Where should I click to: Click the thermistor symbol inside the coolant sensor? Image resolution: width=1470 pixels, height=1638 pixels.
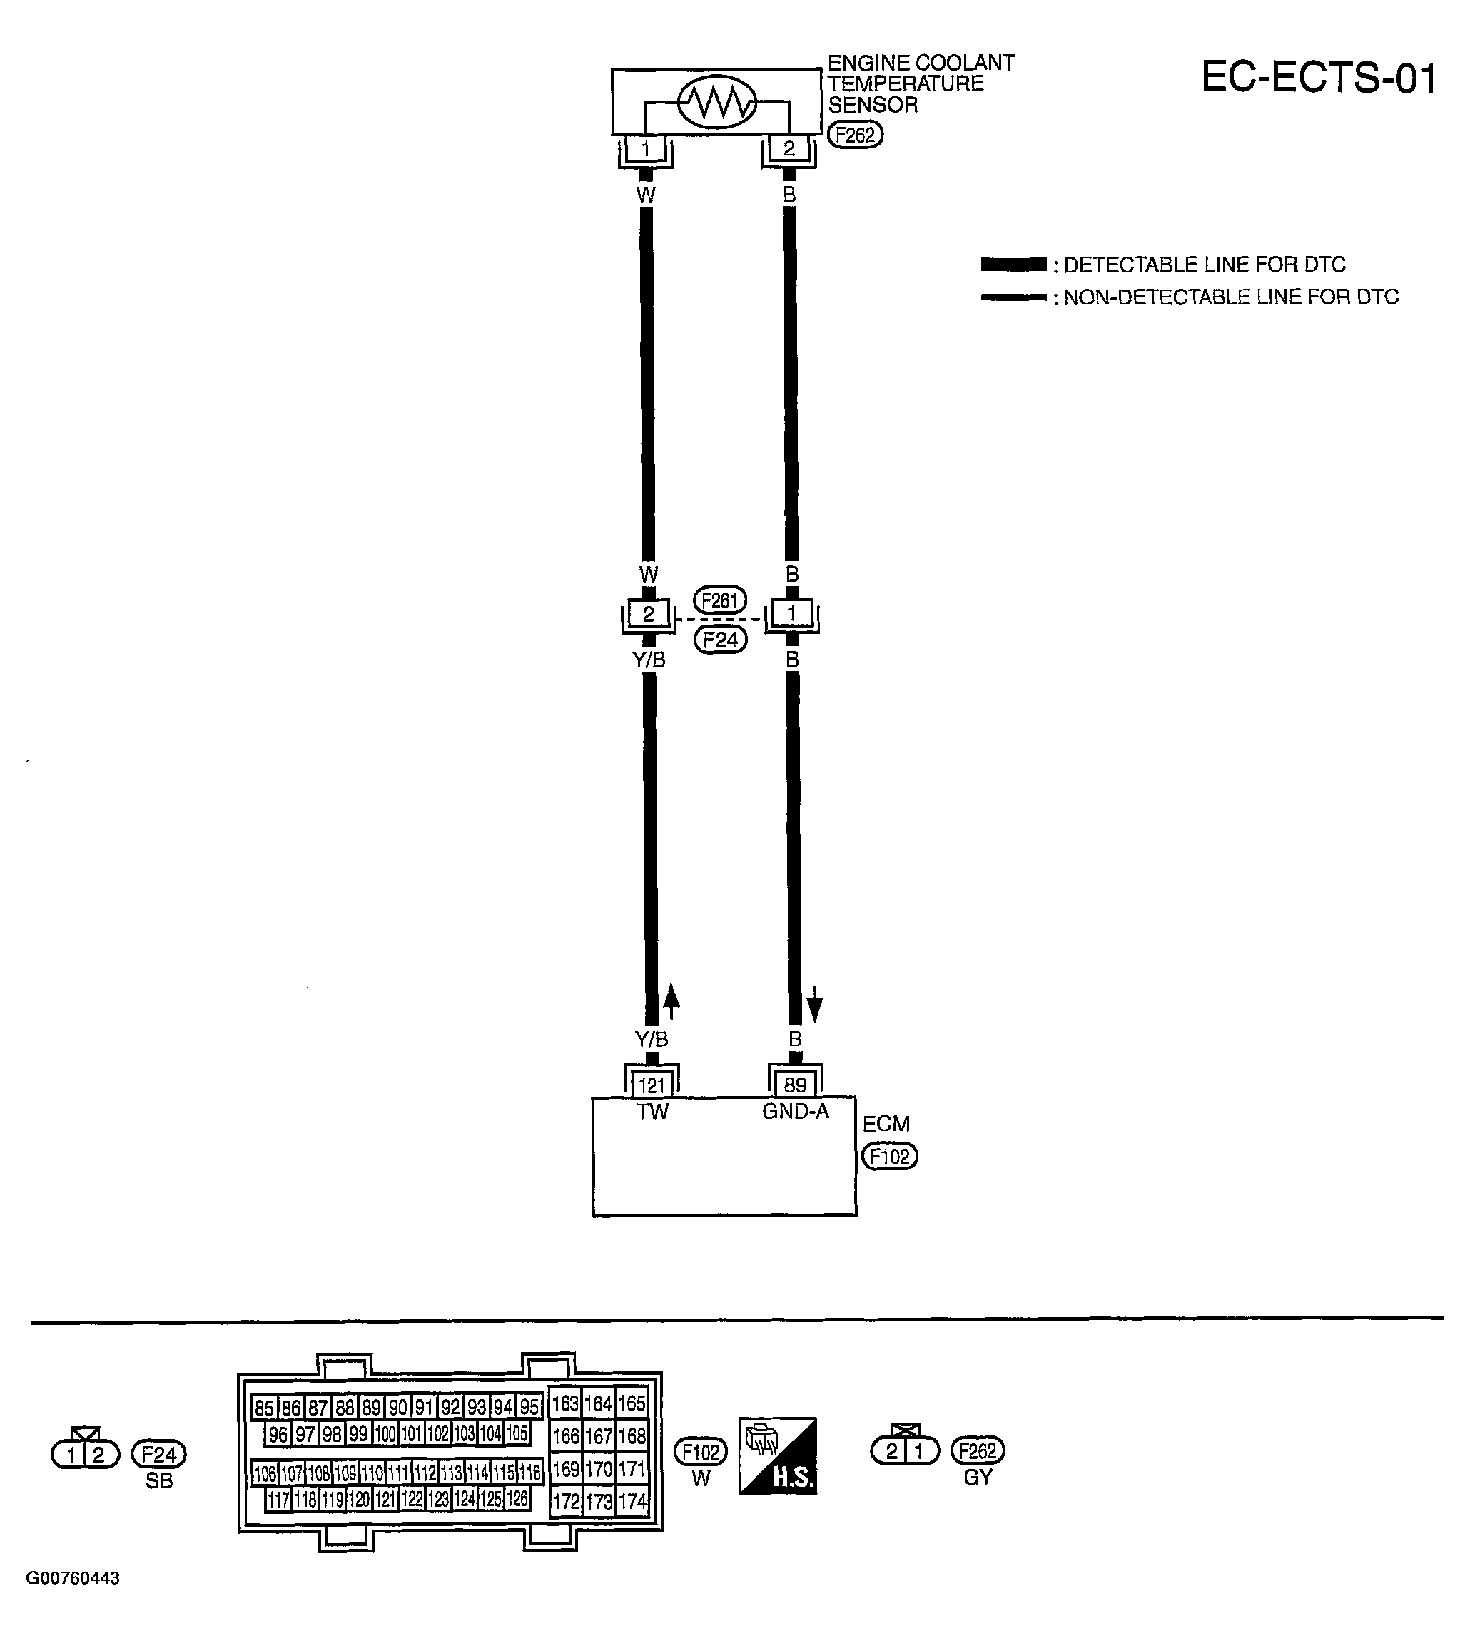pyautogui.click(x=716, y=103)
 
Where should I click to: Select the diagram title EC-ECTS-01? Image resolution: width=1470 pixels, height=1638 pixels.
pyautogui.click(x=1318, y=78)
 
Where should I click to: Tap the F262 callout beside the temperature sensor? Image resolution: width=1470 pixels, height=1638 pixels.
pyautogui.click(x=856, y=135)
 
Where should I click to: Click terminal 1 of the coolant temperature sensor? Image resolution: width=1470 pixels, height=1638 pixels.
pyautogui.click(x=645, y=148)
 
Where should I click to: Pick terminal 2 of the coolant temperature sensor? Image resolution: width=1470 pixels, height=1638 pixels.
pyautogui.click(x=789, y=148)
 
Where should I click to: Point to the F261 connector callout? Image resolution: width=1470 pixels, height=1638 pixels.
pyautogui.click(x=719, y=600)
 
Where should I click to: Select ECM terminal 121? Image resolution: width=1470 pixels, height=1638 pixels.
pyautogui.click(x=652, y=1086)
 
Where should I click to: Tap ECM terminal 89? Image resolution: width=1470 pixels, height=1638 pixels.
pyautogui.click(x=795, y=1086)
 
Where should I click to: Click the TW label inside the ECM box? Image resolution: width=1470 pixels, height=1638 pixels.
pyautogui.click(x=653, y=1112)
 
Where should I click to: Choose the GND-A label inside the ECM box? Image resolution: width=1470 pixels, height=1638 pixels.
pyautogui.click(x=796, y=1112)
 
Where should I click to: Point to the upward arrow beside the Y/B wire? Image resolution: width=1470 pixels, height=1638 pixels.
pyautogui.click(x=671, y=1002)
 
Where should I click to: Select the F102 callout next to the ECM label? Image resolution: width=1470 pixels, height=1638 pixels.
pyautogui.click(x=890, y=1157)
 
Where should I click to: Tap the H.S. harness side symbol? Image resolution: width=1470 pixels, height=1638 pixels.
pyautogui.click(x=778, y=1455)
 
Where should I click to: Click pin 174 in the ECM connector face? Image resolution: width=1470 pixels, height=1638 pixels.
pyautogui.click(x=632, y=1502)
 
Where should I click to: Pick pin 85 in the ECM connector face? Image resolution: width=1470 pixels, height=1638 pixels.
pyautogui.click(x=264, y=1408)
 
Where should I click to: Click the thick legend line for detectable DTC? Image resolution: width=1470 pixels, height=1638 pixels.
pyautogui.click(x=1013, y=265)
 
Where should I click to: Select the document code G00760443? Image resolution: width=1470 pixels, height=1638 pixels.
pyautogui.click(x=73, y=1578)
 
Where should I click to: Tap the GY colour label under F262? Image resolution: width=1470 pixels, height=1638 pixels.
pyautogui.click(x=978, y=1477)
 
